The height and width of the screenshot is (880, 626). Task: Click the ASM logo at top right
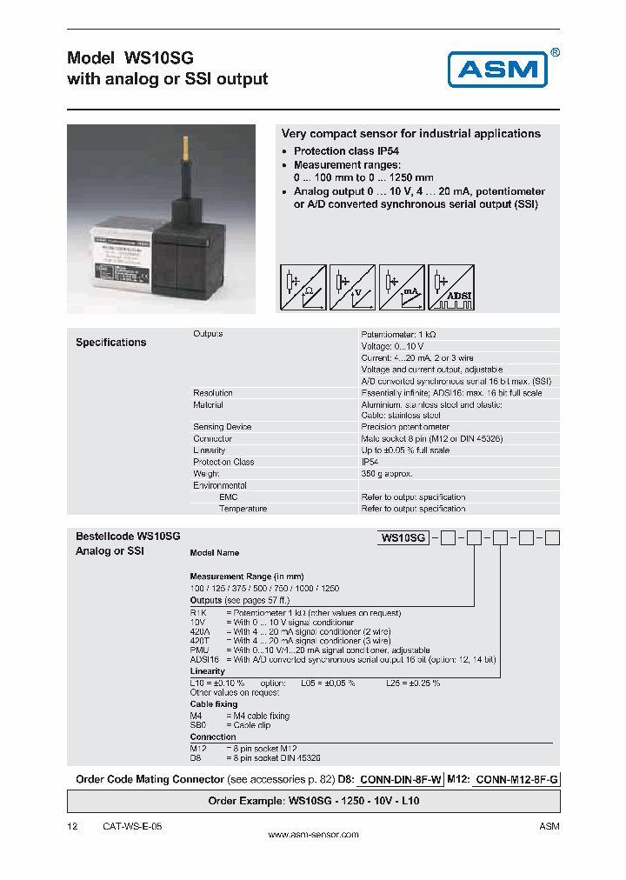click(497, 69)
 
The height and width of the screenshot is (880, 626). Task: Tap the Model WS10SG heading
click(130, 58)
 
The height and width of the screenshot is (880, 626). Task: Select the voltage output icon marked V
click(352, 288)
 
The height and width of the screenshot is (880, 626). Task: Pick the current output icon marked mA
click(402, 288)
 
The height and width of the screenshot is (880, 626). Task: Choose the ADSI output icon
click(450, 288)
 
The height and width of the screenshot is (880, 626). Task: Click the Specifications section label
click(111, 343)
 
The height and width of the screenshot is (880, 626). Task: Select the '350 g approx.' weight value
click(387, 474)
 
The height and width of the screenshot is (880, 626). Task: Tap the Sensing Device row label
click(222, 427)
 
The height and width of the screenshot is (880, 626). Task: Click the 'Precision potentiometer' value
click(405, 427)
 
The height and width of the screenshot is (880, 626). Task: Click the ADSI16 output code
click(204, 661)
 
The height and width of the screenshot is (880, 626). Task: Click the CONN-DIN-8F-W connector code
click(402, 779)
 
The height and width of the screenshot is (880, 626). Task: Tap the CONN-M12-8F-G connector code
click(518, 779)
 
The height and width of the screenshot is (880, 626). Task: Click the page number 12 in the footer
click(72, 826)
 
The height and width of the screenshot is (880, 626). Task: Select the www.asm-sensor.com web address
click(313, 835)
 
